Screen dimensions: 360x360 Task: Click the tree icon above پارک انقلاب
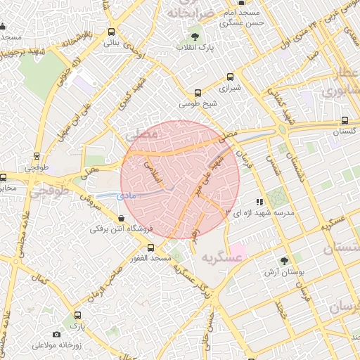point(195,36)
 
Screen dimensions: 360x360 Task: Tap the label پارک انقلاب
point(195,48)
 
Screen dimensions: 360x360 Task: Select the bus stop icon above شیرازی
point(198,93)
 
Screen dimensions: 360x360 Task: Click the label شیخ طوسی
point(195,104)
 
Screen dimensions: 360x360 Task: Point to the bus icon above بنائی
point(112,32)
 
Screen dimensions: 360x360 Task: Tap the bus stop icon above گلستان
point(344,120)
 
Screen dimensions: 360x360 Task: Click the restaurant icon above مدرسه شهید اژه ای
point(260,202)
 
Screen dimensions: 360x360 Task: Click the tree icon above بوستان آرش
point(284,261)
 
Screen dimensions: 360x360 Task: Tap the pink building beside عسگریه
point(239,249)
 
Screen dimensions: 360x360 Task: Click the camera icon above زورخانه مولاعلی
point(56,335)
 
